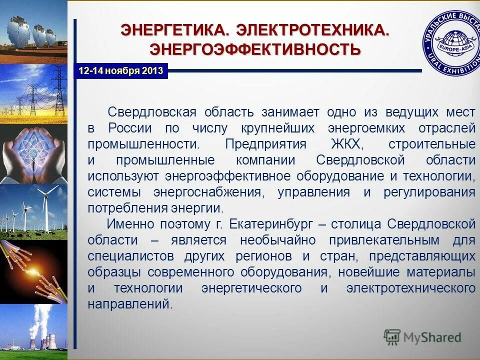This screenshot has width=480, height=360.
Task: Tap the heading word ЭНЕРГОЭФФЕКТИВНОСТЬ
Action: coord(255,49)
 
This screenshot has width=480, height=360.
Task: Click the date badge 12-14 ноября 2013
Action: coord(121,70)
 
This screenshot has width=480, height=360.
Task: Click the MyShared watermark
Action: coord(422,337)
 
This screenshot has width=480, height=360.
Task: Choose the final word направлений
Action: coord(130,304)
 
